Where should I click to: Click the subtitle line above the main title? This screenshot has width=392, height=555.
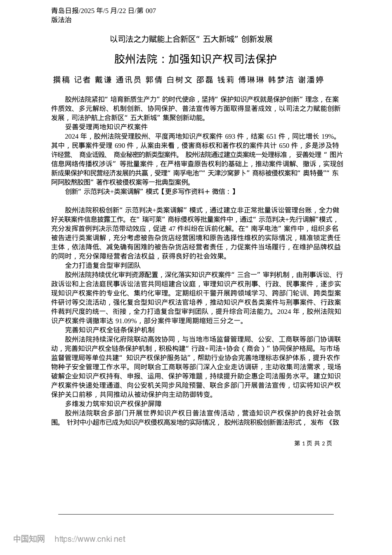pyautogui.click(x=191, y=39)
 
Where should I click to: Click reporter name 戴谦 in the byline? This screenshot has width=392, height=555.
pyautogui.click(x=103, y=80)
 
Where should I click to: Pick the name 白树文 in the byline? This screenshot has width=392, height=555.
pyautogui.click(x=179, y=80)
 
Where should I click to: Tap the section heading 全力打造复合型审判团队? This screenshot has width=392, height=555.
pyautogui.click(x=103, y=265)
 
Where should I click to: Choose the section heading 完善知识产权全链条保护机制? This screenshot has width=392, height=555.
pyautogui.click(x=110, y=330)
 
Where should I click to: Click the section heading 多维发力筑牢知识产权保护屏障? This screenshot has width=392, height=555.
pyautogui.click(x=113, y=403)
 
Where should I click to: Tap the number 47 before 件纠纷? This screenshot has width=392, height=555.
pyautogui.click(x=173, y=228)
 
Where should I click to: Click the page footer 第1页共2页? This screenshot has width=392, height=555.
pyautogui.click(x=313, y=443)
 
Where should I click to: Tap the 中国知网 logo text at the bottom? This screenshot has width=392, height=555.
pyautogui.click(x=29, y=539)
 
